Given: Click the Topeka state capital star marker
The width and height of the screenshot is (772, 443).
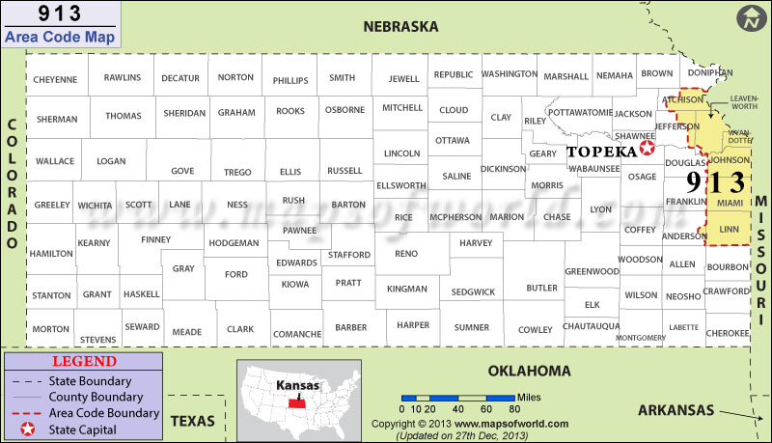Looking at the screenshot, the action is tap(648, 149).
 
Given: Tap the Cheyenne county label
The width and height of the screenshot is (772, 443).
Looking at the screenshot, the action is tap(55, 78).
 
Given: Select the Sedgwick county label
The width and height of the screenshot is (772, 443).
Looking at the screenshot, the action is tap(473, 291).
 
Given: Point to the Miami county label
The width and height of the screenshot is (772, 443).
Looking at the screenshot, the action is tap(731, 204).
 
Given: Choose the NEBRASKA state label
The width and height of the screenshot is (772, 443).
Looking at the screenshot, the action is tap(400, 26).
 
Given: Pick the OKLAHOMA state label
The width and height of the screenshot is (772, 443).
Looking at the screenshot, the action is tap(529, 371).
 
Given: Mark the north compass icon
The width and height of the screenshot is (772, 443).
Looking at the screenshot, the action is tap(749, 17).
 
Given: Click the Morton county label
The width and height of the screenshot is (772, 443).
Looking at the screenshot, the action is tap(50, 329).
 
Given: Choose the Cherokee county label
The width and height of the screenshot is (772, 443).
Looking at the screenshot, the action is tap(727, 332).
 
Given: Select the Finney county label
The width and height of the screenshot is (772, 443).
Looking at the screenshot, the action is tap(155, 239).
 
